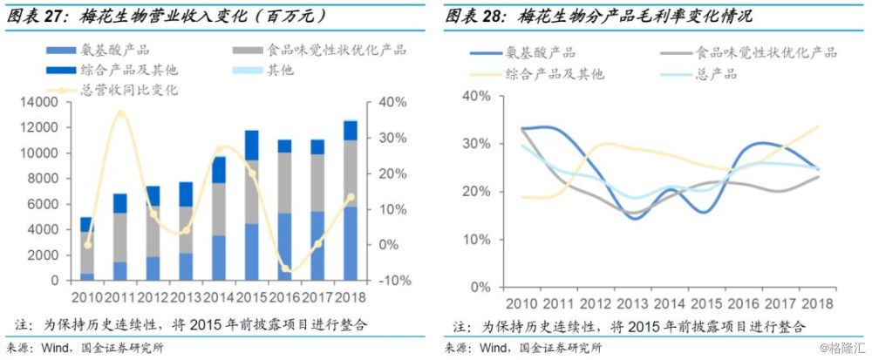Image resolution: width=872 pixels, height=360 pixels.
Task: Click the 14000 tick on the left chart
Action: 42,103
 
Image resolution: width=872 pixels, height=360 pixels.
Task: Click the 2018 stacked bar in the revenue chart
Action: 350,200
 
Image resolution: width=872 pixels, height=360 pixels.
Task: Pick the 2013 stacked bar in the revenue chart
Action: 186,231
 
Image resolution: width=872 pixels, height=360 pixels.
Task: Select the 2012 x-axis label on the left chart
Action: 153,296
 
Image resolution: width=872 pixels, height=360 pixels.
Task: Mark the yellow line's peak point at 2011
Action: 121,112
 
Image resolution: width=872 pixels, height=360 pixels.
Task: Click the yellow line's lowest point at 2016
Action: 285,268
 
